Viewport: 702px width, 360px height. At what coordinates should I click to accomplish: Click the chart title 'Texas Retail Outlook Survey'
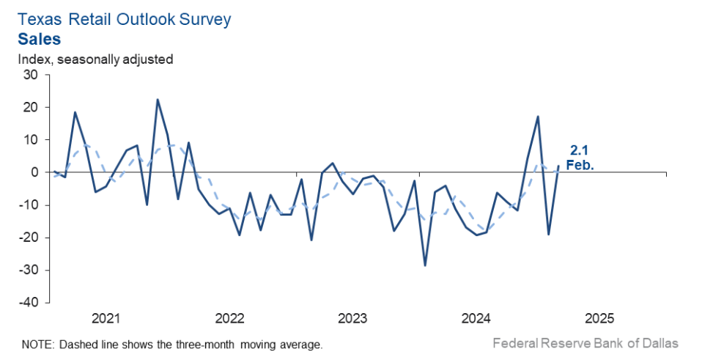[x=125, y=19]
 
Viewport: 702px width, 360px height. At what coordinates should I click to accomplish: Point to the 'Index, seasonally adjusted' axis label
[x=96, y=59]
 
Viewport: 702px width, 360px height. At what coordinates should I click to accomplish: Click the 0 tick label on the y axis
[x=34, y=172]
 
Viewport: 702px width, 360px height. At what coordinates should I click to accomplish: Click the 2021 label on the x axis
[x=106, y=319]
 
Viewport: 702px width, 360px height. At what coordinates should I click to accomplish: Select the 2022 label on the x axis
[x=229, y=319]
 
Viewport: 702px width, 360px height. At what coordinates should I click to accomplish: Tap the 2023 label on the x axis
[x=353, y=319]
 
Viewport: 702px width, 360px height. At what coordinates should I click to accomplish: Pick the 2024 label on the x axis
[x=476, y=319]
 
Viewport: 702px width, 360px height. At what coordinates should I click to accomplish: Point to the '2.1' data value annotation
[x=580, y=151]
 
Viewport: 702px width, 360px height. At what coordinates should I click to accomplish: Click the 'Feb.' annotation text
[x=580, y=165]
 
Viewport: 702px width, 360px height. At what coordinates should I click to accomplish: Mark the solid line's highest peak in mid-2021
[x=158, y=100]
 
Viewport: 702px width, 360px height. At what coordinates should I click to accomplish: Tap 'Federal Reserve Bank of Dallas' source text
[x=585, y=343]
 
